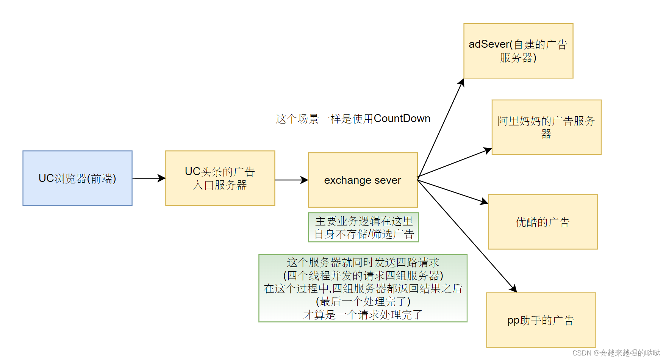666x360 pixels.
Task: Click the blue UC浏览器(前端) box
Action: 77,178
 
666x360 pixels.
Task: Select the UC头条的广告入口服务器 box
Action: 220,178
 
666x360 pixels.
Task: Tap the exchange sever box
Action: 363,180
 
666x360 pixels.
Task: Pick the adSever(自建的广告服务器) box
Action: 518,51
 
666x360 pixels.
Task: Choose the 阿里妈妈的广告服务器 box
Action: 546,127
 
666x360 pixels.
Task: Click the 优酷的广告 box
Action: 543,222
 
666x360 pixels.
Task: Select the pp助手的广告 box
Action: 541,320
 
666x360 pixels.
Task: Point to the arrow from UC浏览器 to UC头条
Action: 149,178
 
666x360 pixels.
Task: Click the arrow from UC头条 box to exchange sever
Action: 291,180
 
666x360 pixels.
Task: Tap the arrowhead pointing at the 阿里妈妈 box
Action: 488,150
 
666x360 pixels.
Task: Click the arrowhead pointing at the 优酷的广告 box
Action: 485,202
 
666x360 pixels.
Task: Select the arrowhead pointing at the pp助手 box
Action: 513,289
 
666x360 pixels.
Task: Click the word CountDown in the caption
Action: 402,119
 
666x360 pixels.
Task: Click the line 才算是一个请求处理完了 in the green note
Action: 363,315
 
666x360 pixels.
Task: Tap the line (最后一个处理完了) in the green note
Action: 363,302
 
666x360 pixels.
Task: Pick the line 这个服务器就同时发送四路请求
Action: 363,262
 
